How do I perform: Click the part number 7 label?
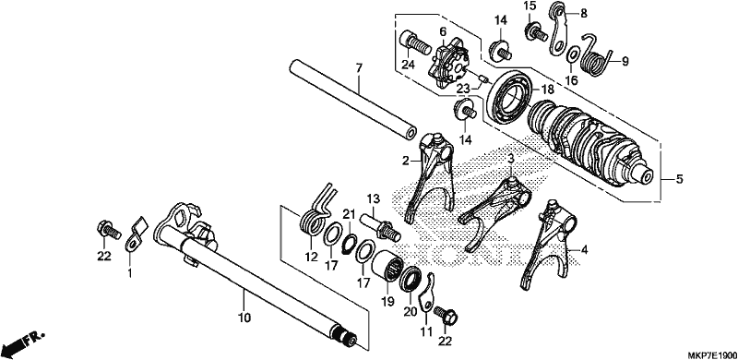[359, 68]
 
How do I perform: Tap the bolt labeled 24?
[415, 43]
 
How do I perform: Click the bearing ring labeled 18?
[510, 97]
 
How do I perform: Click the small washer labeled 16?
[571, 54]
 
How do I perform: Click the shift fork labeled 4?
[549, 243]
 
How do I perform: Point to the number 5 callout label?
[678, 179]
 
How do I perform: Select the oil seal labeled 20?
[412, 279]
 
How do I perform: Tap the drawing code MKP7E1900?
[711, 354]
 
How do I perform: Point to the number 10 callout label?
[244, 318]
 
